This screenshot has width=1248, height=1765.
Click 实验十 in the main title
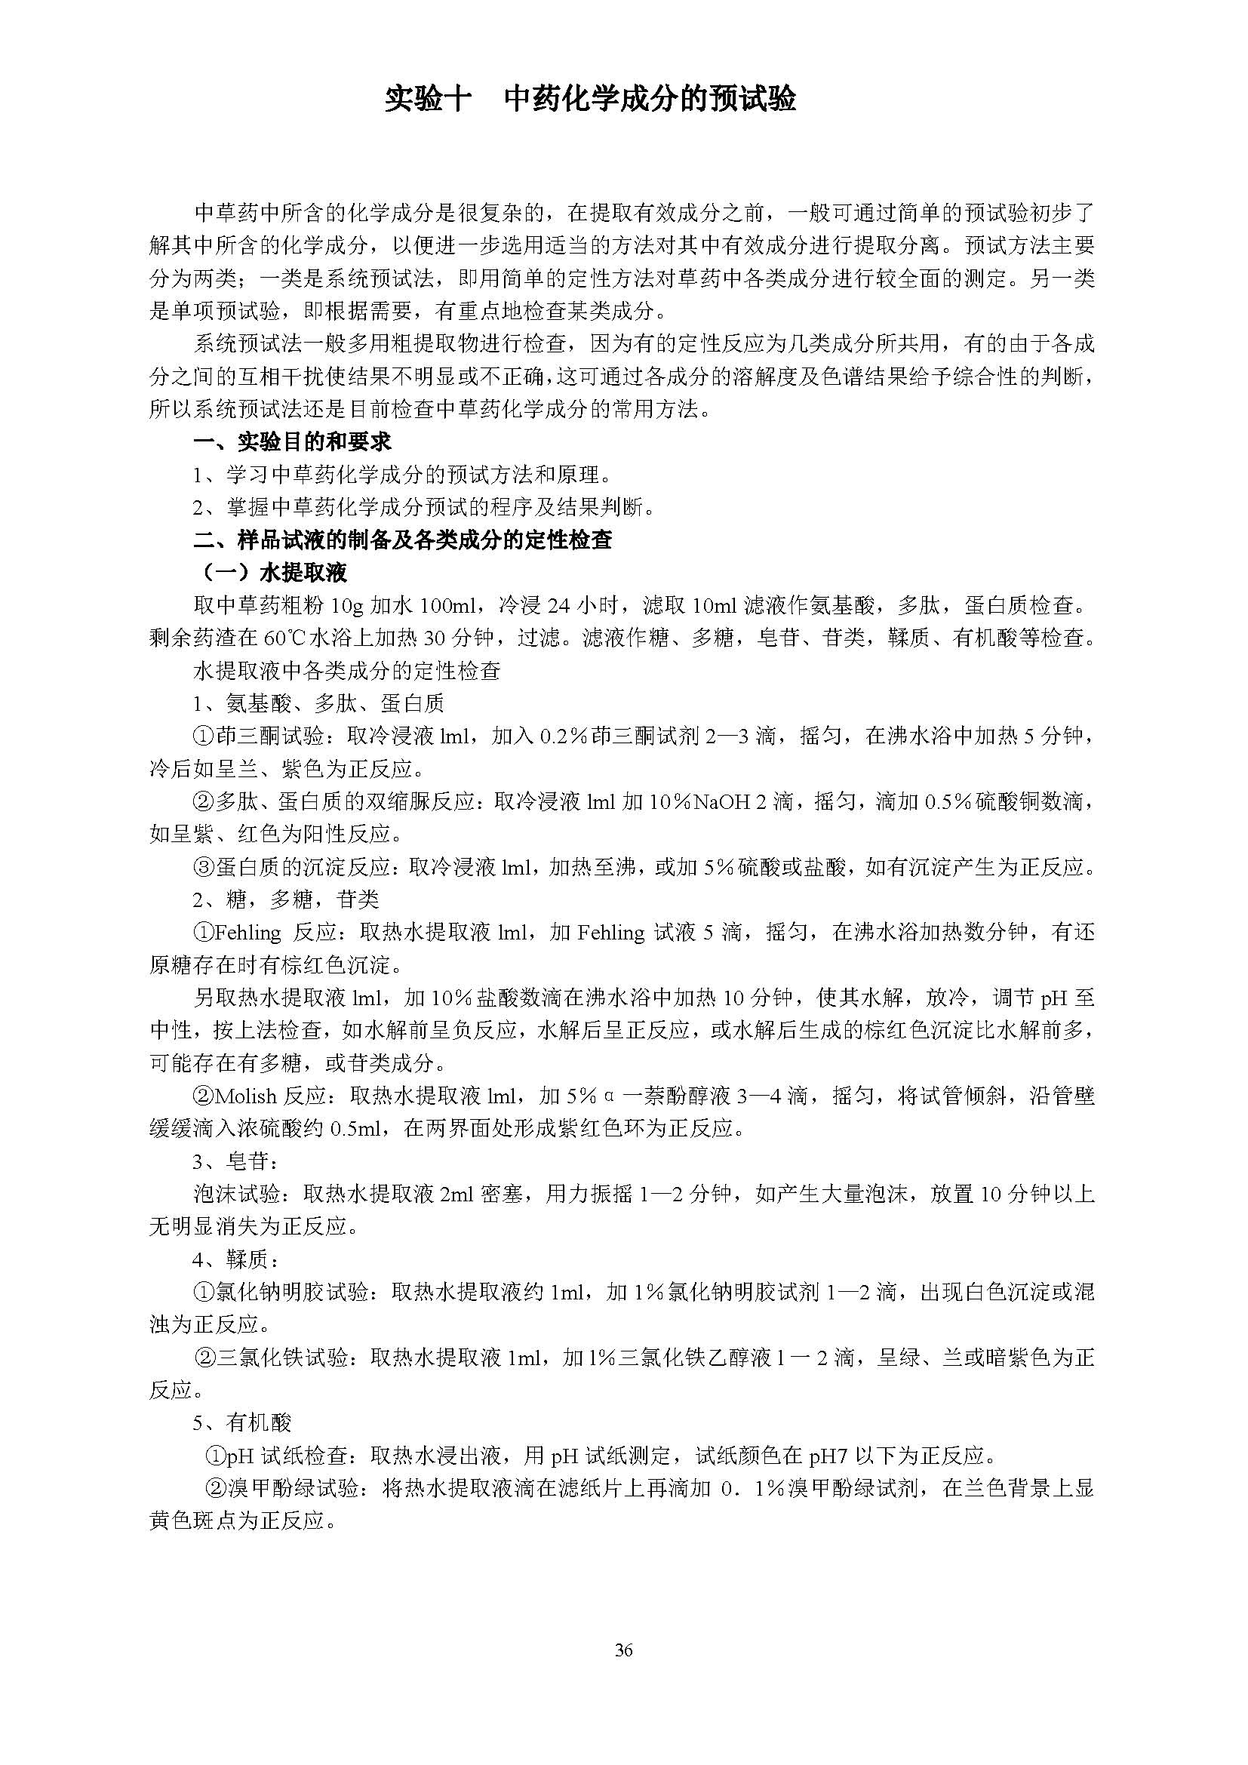click(426, 100)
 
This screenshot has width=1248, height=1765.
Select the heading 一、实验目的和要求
click(292, 442)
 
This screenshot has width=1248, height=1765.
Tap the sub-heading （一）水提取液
click(273, 573)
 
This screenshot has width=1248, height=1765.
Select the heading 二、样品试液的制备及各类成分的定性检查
click(403, 540)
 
